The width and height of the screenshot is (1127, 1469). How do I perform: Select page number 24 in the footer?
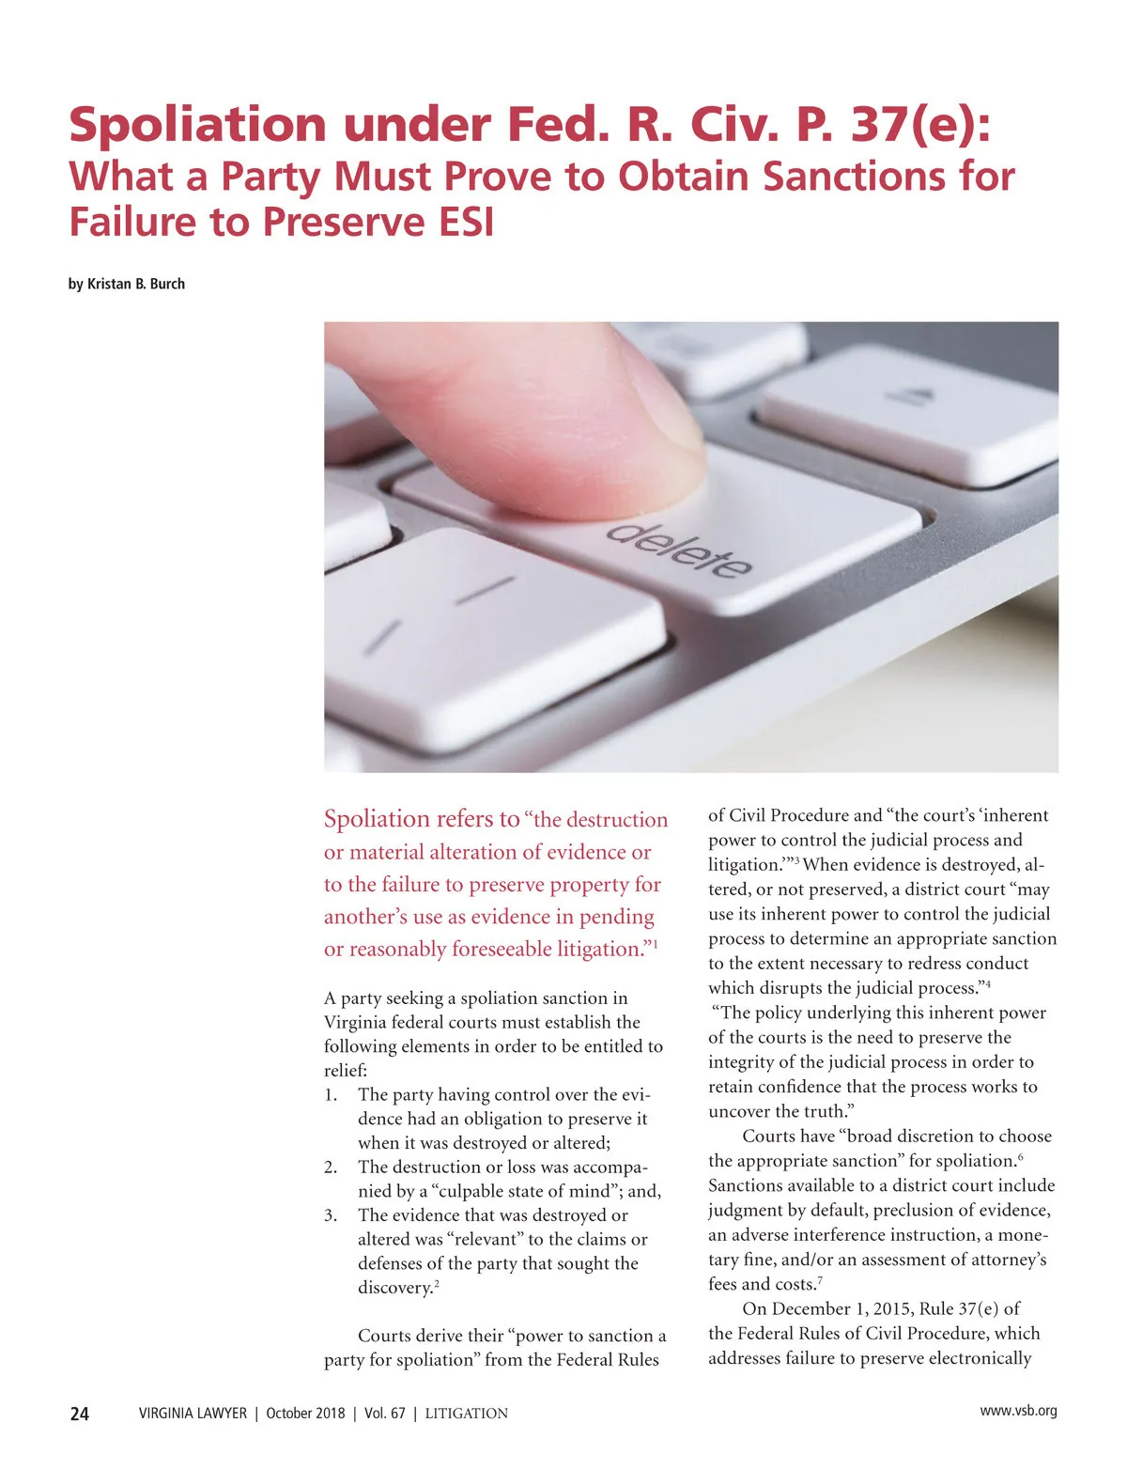[x=80, y=1414]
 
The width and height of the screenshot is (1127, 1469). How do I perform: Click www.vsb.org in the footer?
[x=1018, y=1411]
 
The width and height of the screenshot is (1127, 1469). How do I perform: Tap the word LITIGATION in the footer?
[x=466, y=1414]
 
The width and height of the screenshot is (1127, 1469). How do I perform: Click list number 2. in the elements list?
[x=331, y=1167]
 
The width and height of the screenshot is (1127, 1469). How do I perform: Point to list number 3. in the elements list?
[x=331, y=1215]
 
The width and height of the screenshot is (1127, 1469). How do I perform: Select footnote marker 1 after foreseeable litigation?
[x=656, y=943]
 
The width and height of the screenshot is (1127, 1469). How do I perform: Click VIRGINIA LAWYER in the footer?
[x=193, y=1414]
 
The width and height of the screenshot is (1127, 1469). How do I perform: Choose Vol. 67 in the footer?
[x=385, y=1414]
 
